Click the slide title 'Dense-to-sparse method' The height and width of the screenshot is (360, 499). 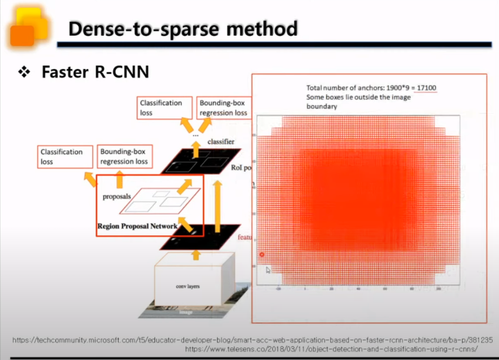(x=183, y=29)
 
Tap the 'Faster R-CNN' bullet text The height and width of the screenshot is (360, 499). (x=95, y=72)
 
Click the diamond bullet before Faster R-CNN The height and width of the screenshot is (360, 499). (x=24, y=72)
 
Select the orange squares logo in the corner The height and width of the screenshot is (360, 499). (x=28, y=26)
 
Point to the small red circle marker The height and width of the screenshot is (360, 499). (x=262, y=254)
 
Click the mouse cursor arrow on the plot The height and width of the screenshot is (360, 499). (x=268, y=269)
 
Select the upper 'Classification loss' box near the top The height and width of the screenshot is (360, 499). (x=161, y=108)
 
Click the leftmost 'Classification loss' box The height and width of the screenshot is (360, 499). (x=62, y=156)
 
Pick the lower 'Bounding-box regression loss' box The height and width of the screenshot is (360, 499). (x=124, y=156)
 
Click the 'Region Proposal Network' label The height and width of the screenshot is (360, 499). (x=137, y=227)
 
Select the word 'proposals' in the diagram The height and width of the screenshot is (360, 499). (x=116, y=197)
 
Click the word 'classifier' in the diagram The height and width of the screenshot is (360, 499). (x=221, y=142)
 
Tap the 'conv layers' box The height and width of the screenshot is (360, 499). (x=188, y=286)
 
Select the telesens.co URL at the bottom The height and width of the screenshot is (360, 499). (x=331, y=349)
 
